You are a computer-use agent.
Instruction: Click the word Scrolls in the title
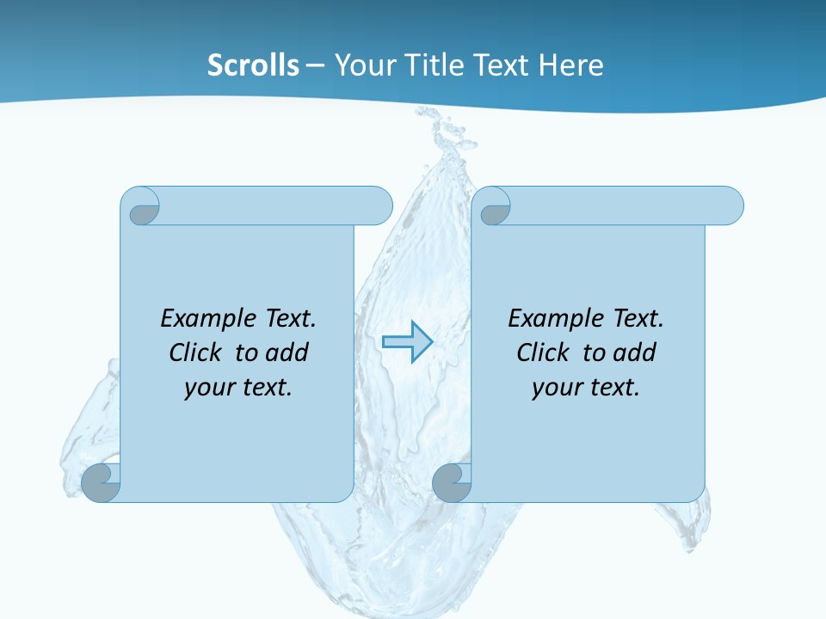pos(253,64)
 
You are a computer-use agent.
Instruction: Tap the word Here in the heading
pos(571,64)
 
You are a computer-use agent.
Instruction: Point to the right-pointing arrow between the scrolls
pos(407,341)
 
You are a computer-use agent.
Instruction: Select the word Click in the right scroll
pos(544,352)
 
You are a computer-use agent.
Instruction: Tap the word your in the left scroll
pos(209,387)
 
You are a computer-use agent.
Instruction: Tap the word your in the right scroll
pos(557,387)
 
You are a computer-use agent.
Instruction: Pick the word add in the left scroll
pos(287,352)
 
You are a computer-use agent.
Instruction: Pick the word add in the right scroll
pos(634,352)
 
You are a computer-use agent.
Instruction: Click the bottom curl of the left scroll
pos(102,483)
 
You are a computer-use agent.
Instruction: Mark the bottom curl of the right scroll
pos(452,483)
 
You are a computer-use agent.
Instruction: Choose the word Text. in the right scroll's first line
pos(637,318)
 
